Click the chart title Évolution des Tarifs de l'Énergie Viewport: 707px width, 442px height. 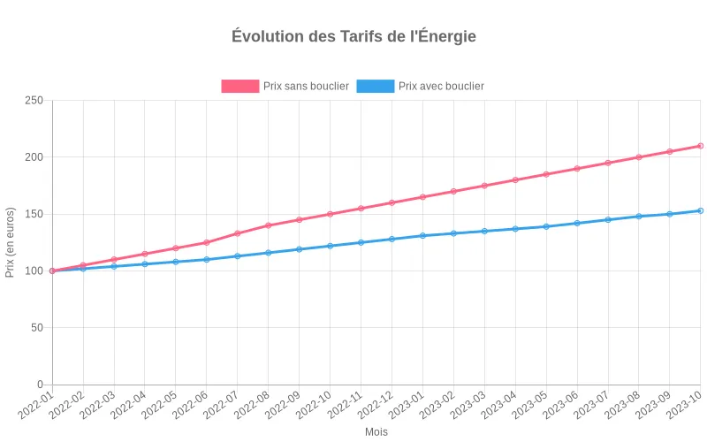click(x=353, y=36)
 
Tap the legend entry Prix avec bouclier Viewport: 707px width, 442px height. click(x=421, y=86)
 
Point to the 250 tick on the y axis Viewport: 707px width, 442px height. click(x=34, y=101)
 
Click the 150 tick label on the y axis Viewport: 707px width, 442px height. click(x=34, y=214)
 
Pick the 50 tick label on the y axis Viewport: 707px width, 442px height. click(x=37, y=328)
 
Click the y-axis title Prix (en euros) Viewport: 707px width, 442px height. click(x=11, y=242)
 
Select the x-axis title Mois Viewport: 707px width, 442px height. click(x=376, y=432)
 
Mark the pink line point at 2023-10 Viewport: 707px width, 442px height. click(x=701, y=146)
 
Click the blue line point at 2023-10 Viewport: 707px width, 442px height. click(x=701, y=210)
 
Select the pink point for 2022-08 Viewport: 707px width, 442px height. click(x=269, y=225)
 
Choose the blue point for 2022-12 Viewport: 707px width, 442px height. click(x=392, y=239)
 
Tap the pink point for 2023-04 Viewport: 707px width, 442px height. click(x=515, y=179)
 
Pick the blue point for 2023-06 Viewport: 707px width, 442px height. click(x=577, y=223)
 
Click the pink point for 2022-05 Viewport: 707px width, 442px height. click(x=176, y=248)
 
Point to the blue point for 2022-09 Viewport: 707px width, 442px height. click(x=300, y=249)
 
